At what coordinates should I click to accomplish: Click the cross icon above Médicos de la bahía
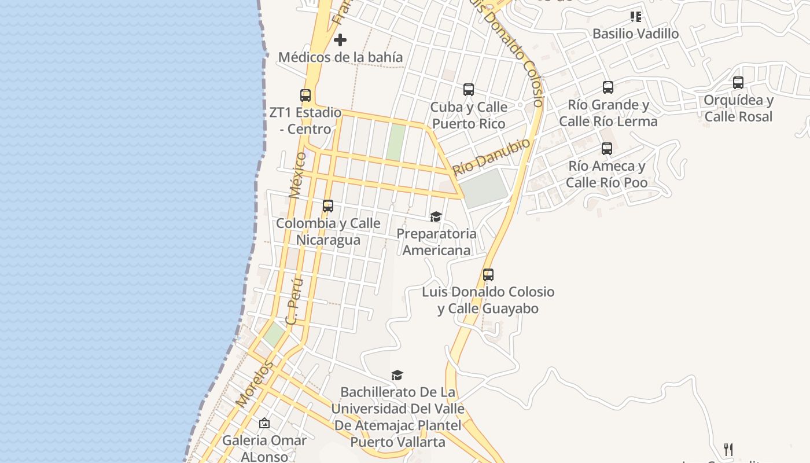click(340, 40)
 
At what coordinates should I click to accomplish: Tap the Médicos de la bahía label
click(340, 57)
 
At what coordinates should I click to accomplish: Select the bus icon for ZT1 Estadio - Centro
click(305, 95)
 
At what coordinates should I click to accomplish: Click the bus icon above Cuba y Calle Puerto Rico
click(469, 90)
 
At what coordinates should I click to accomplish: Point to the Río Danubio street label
click(491, 157)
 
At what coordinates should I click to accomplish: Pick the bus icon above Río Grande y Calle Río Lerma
click(608, 87)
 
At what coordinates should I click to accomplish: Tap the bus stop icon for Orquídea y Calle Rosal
click(738, 83)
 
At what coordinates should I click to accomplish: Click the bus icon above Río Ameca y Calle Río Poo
click(606, 149)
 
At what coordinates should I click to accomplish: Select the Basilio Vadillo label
click(635, 34)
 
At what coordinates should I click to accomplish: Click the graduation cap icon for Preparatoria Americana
click(436, 216)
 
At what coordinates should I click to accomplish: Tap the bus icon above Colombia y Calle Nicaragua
click(328, 206)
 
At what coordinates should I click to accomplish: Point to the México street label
click(298, 175)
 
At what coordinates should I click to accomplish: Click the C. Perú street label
click(296, 301)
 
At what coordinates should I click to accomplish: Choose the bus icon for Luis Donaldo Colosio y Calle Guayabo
click(488, 275)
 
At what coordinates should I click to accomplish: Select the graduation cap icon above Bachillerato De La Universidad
click(397, 375)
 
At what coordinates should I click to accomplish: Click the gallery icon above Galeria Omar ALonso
click(264, 423)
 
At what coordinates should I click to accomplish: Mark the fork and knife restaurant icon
click(728, 449)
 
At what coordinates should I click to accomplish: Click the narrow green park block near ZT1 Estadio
click(396, 142)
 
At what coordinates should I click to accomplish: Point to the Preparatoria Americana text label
click(436, 242)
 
